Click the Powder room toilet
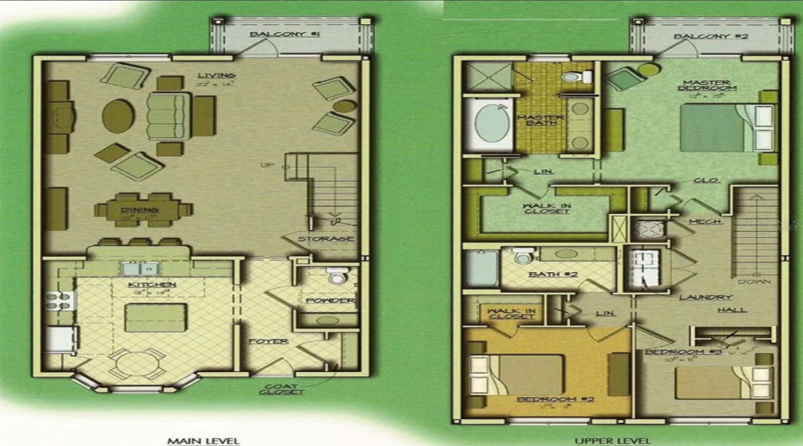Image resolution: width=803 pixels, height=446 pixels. pos(336,277)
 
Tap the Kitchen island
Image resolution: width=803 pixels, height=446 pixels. pos(155,317)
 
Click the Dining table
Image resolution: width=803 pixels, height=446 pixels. pos(144,211)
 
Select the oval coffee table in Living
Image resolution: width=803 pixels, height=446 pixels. pos(119,115)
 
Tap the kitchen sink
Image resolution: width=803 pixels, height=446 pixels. pos(140,268)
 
